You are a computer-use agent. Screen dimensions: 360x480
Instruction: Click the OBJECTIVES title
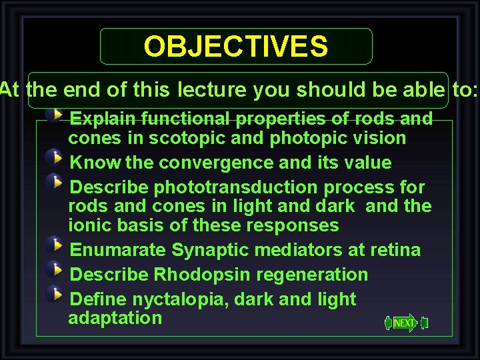tap(236, 47)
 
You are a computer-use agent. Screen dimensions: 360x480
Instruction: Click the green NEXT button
tap(405, 323)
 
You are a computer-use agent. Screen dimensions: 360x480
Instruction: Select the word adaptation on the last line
tap(115, 318)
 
